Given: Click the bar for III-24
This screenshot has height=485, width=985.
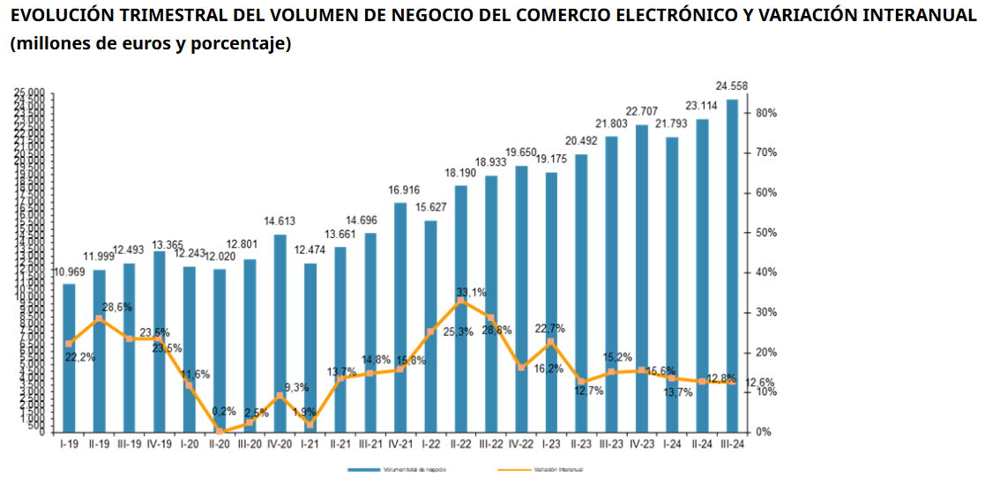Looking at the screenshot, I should click(732, 265).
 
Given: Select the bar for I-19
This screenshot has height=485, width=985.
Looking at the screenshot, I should click(69, 357).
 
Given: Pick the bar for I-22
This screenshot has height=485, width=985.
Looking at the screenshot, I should click(431, 325).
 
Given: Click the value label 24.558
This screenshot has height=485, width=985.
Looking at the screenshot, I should click(732, 86).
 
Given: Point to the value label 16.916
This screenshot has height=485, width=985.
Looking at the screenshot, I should click(400, 190).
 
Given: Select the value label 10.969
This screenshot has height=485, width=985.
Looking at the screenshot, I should click(69, 271).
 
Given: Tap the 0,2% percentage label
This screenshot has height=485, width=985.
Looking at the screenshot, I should click(223, 411).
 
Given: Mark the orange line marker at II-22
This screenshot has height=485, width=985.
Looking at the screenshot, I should click(460, 302).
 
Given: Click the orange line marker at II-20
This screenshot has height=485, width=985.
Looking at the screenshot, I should click(220, 431).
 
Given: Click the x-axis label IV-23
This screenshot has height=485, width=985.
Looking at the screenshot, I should click(641, 444).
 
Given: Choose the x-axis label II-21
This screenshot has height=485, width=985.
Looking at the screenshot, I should click(340, 444).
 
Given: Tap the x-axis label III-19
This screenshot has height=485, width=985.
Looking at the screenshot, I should click(129, 444).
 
